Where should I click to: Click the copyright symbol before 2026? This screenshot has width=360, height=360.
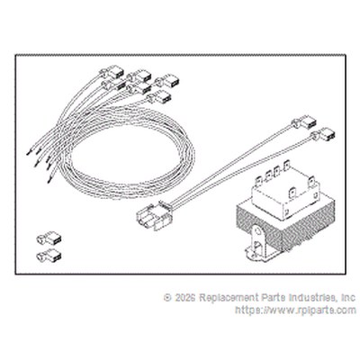pyautogui.click(x=167, y=298)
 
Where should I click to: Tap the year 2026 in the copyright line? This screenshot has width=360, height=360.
pyautogui.click(x=185, y=298)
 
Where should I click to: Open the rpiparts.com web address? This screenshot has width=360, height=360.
pyautogui.click(x=296, y=310)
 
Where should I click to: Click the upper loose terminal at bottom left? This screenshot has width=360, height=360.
pyautogui.click(x=49, y=238)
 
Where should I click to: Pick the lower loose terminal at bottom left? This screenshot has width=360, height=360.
pyautogui.click(x=49, y=256)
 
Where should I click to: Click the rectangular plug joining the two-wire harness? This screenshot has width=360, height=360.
pyautogui.click(x=153, y=216)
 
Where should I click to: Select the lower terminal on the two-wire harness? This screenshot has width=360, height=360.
pyautogui.click(x=323, y=134)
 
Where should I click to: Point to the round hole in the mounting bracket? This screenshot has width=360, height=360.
pyautogui.click(x=256, y=232)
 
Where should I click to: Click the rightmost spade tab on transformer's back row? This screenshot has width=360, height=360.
pyautogui.click(x=286, y=166)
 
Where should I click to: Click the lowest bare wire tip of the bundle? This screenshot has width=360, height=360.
pyautogui.click(x=49, y=181)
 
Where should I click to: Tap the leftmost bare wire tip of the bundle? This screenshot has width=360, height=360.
pyautogui.click(x=29, y=153)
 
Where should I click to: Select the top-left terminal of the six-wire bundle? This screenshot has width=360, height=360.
pyautogui.click(x=112, y=71)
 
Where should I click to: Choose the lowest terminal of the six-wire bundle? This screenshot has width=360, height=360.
pyautogui.click(x=159, y=97)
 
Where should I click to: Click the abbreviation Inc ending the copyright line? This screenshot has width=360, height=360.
pyautogui.click(x=348, y=298)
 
